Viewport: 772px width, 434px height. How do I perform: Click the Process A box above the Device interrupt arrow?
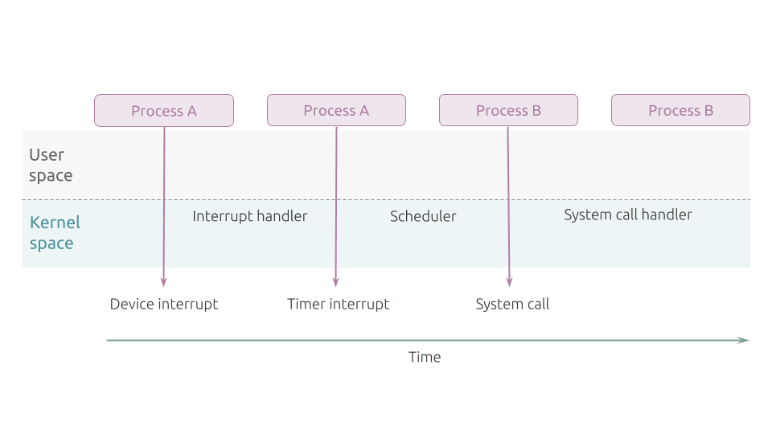164,111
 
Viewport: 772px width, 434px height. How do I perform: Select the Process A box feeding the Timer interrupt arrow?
336,110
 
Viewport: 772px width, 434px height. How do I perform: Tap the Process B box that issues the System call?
508,110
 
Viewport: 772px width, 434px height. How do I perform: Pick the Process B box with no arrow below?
680,110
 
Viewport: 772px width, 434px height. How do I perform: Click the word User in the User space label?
47,155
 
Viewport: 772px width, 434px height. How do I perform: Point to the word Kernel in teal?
55,223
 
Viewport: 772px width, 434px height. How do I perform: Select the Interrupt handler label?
249,216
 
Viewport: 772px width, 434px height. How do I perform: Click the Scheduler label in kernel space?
423,216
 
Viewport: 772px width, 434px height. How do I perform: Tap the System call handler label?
628,215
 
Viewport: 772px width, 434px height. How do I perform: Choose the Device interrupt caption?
164,304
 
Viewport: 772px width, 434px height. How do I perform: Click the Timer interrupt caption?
339,304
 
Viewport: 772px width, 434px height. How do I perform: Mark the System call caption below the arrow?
512,304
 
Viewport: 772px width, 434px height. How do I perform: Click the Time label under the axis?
425,357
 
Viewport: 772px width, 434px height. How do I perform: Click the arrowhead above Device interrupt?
163,282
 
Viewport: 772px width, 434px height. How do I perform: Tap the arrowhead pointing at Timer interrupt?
336,282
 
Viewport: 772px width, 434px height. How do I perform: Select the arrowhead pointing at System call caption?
509,282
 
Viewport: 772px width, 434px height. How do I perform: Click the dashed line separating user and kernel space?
387,200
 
